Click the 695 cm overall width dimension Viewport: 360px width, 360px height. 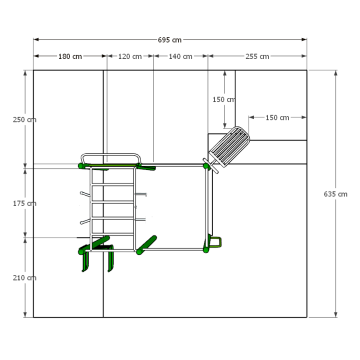click(x=170, y=40)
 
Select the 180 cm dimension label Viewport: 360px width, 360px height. click(x=70, y=57)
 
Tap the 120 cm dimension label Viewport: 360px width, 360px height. click(x=130, y=57)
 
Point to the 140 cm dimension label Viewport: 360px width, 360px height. click(x=180, y=57)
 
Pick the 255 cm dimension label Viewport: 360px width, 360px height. click(x=257, y=57)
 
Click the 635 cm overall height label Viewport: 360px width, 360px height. click(x=335, y=194)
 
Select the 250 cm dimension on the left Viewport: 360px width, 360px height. click(x=25, y=120)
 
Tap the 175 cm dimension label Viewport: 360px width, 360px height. click(x=25, y=203)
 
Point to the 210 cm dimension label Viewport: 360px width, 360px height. click(x=25, y=278)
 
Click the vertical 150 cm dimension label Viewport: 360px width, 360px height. click(x=224, y=99)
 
